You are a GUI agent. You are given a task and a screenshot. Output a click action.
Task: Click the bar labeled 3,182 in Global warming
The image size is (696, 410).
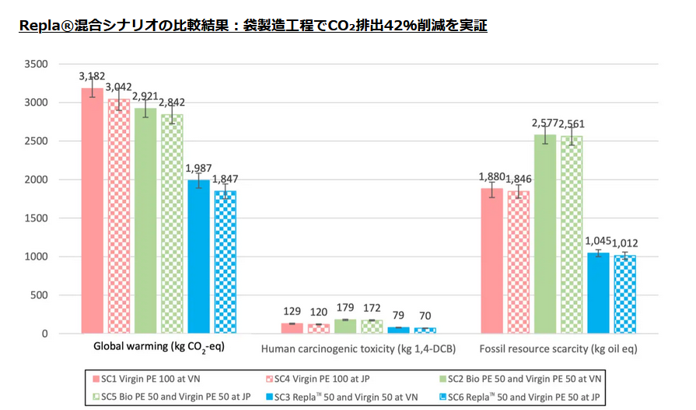pyautogui.click(x=92, y=210)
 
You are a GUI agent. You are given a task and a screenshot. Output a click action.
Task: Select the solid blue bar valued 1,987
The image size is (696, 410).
pyautogui.click(x=198, y=257)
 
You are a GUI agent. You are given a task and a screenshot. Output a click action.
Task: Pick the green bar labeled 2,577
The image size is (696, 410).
pyautogui.click(x=544, y=233)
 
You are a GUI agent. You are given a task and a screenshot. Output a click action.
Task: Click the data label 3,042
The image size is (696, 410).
pyautogui.click(x=118, y=87)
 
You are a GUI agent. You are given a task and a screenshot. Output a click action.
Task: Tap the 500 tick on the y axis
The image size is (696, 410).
pyautogui.click(x=39, y=295)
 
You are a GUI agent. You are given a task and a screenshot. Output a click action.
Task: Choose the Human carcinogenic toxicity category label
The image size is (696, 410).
pyautogui.click(x=358, y=349)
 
